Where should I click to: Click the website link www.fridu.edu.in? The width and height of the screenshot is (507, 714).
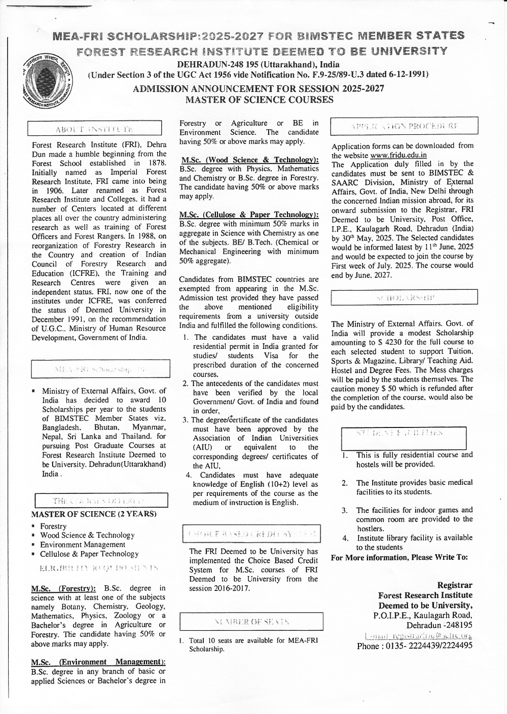(x=399, y=155)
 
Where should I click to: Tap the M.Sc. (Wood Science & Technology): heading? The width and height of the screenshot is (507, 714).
(x=249, y=160)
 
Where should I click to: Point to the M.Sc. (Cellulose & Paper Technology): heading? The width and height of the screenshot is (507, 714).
(x=249, y=215)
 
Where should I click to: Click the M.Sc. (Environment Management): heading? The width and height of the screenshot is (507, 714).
(x=98, y=662)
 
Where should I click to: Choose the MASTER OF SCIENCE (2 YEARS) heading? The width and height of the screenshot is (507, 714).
(x=94, y=514)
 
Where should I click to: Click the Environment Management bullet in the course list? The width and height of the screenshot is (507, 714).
(x=83, y=545)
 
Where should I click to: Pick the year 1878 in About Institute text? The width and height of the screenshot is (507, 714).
(x=156, y=163)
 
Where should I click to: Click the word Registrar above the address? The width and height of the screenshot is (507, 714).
(x=455, y=585)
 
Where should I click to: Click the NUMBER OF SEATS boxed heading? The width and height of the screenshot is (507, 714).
(x=252, y=621)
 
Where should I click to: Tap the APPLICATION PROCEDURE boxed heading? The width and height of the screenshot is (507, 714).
(x=404, y=126)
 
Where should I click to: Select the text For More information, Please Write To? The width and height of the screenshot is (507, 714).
(x=399, y=558)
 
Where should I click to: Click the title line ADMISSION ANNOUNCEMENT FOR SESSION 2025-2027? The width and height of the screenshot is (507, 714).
(x=258, y=89)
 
